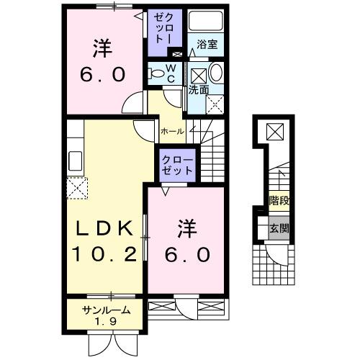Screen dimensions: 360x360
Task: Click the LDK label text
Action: [x=105, y=230]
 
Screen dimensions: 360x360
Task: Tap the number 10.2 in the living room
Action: [x=104, y=254]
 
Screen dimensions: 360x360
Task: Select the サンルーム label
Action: [x=106, y=311]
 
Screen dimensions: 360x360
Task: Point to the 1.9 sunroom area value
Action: [x=107, y=322]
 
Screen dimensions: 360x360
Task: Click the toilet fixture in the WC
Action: [x=156, y=72]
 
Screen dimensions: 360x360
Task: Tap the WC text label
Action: [x=171, y=72]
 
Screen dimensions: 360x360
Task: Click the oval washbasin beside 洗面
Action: [x=215, y=73]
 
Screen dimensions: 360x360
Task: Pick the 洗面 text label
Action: [x=199, y=91]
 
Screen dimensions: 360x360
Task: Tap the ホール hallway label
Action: [x=172, y=132]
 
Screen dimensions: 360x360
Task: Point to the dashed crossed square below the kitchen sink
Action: [x=76, y=189]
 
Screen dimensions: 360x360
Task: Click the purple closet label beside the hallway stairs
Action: [x=176, y=165]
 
